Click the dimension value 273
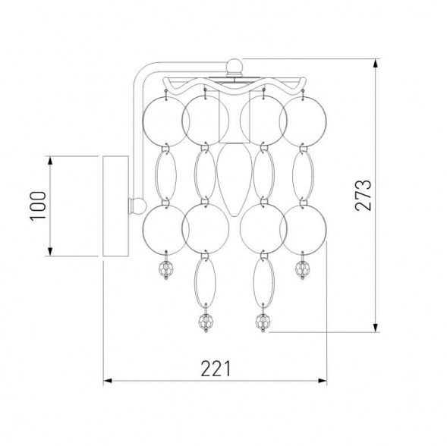(364, 195)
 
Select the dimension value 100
(38, 206)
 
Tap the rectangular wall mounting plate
(116, 206)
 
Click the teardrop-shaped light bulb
(235, 179)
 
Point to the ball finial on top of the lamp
(235, 65)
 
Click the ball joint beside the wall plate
(139, 206)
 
